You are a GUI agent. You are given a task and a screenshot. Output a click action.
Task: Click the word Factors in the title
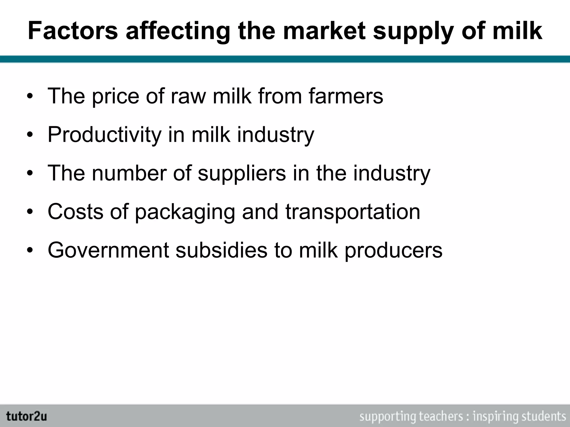(73, 31)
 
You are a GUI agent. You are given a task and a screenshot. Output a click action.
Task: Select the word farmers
(346, 96)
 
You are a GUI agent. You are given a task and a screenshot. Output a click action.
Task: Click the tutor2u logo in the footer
(27, 416)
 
